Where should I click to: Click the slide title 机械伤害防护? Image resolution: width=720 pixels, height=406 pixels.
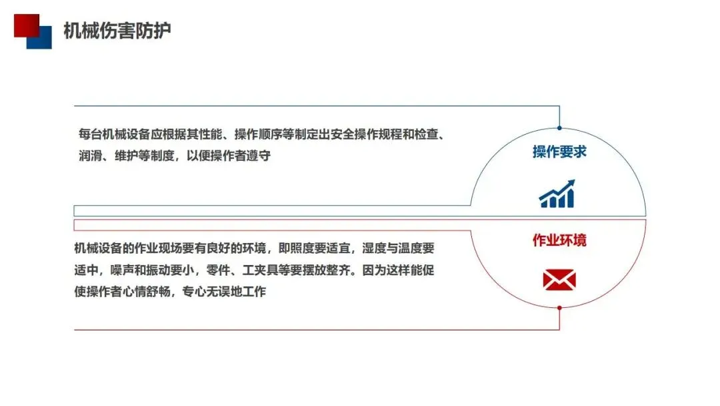(117, 31)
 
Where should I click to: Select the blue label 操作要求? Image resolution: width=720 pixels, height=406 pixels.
(559, 152)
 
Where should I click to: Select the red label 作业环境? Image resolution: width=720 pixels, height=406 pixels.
(559, 240)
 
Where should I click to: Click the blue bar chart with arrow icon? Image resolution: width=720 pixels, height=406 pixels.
(557, 194)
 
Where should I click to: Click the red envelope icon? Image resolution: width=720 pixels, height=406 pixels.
(559, 280)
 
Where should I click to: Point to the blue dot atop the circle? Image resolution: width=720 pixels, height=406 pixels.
(559, 128)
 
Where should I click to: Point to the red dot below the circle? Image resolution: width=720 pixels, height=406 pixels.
(559, 308)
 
